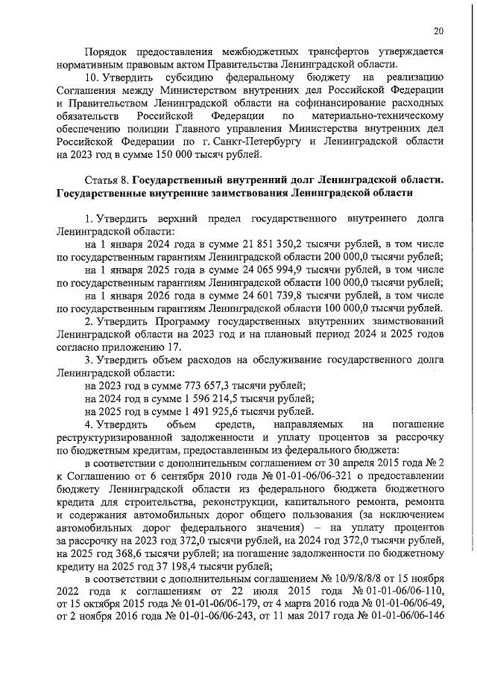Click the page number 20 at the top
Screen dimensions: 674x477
coord(438,31)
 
